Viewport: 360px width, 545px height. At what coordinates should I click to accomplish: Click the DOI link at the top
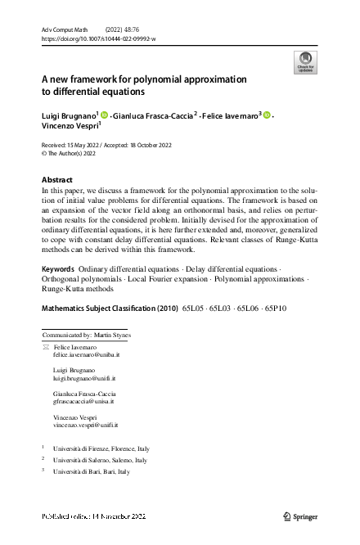pyautogui.click(x=97, y=38)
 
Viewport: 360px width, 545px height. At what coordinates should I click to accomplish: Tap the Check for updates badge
pyautogui.click(x=304, y=62)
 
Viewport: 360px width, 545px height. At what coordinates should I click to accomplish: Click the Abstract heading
pyautogui.click(x=56, y=178)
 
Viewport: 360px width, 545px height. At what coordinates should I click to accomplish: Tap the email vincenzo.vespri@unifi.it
pyautogui.click(x=86, y=425)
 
